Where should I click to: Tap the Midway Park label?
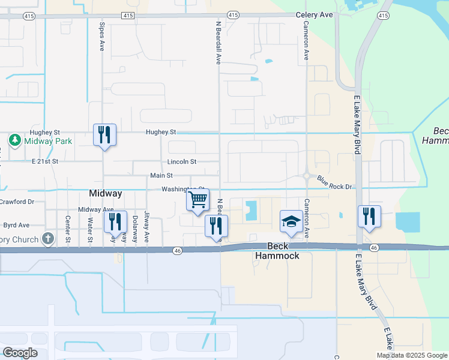click(47, 141)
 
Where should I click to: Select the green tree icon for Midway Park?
click(15, 140)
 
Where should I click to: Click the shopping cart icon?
click(198, 200)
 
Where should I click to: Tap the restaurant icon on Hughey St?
click(104, 134)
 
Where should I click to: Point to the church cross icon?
click(48, 238)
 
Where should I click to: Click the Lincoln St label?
click(182, 162)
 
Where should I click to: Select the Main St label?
click(161, 176)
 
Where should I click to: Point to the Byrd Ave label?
click(16, 226)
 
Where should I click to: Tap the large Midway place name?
click(106, 194)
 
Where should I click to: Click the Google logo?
click(20, 353)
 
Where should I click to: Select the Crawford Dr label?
click(17, 202)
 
